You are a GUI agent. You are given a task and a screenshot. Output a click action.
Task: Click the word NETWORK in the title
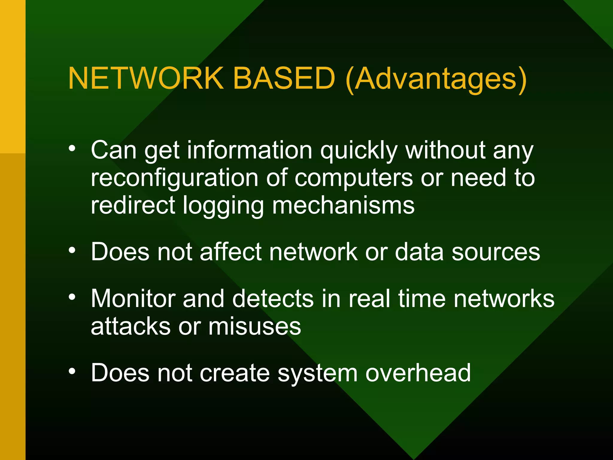146,78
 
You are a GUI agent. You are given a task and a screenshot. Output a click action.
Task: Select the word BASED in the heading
284,78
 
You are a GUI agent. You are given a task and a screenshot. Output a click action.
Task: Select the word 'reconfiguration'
175,178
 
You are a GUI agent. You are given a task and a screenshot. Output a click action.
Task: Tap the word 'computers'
354,178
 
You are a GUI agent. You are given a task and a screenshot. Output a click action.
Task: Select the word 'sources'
496,252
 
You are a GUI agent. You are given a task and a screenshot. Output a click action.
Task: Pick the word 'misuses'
255,326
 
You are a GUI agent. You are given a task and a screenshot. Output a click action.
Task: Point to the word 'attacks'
131,326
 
